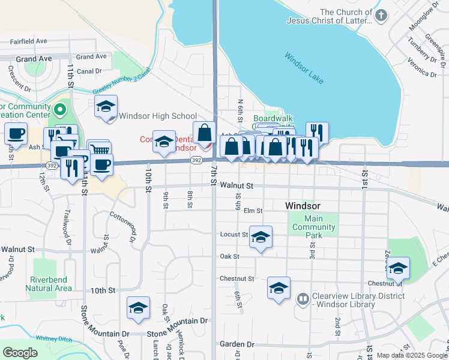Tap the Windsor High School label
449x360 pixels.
tap(158, 116)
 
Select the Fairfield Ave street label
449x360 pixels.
tap(29, 41)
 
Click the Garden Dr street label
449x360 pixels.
tap(237, 344)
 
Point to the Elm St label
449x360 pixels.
tap(253, 211)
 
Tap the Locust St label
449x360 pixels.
tap(234, 235)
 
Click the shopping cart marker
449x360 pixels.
tap(100, 150)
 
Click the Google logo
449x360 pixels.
tap(20, 353)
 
